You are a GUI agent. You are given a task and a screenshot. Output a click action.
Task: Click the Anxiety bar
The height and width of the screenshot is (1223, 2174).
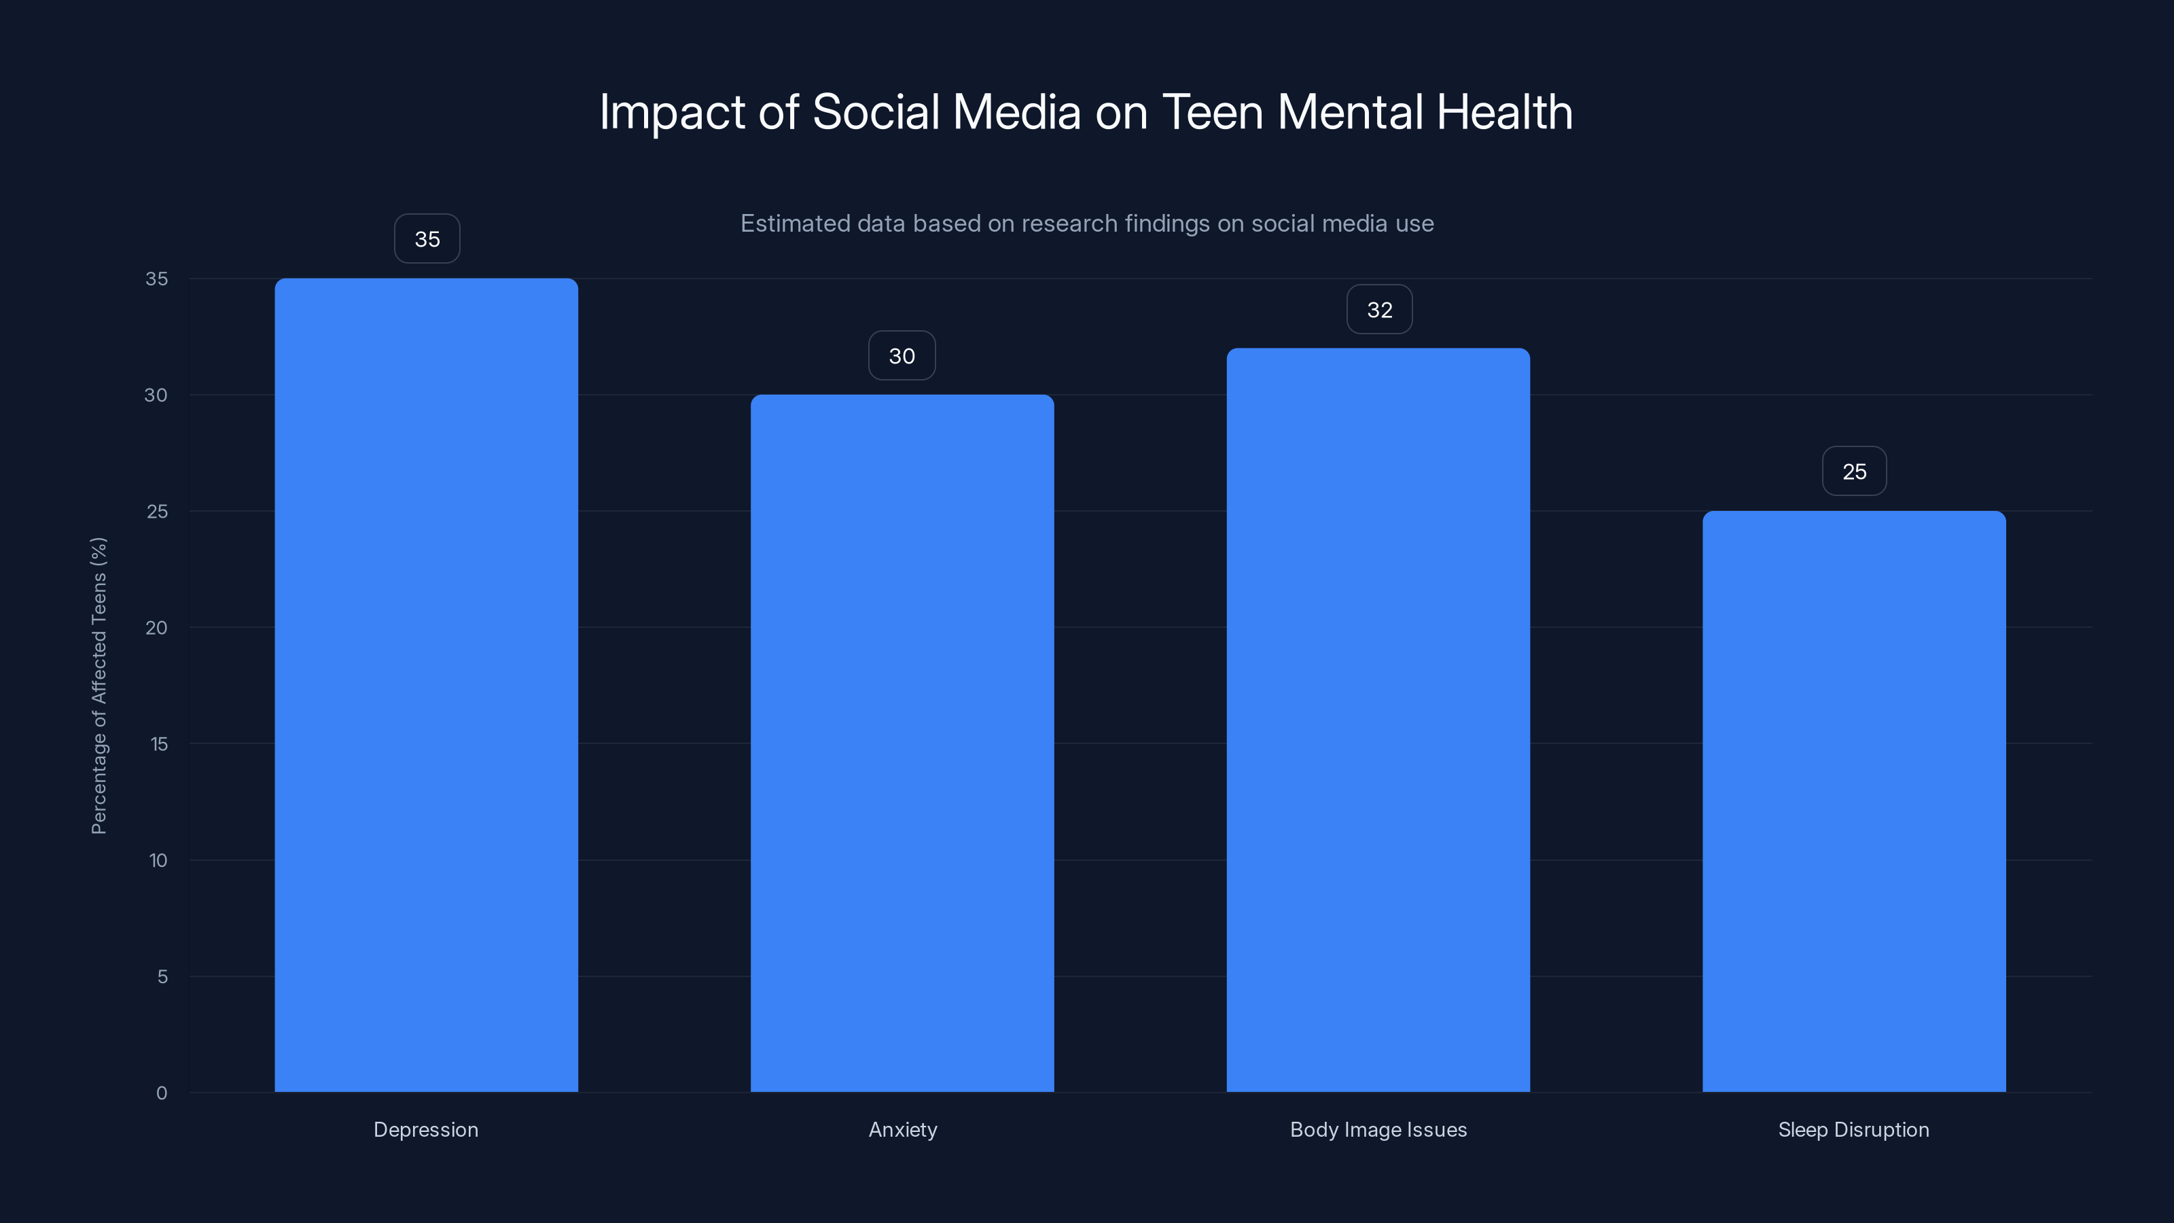coord(902,743)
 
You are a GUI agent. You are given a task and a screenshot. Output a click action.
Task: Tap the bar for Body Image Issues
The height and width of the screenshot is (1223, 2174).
coord(1378,719)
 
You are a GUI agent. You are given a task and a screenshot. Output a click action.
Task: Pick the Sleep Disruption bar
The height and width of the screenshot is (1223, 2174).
coord(1854,801)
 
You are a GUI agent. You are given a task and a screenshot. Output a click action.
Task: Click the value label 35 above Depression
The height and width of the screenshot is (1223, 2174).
coord(427,239)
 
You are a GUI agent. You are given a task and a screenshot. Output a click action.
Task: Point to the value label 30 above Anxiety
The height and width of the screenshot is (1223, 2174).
coord(902,355)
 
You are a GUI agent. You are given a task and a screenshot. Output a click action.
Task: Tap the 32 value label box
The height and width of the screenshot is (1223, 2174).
coord(1379,310)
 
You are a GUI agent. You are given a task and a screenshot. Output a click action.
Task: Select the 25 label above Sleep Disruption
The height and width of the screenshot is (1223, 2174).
coord(1854,471)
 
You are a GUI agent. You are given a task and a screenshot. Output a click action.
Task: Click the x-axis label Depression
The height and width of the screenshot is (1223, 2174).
coord(426,1129)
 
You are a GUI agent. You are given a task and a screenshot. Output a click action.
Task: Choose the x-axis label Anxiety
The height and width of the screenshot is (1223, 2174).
coord(902,1129)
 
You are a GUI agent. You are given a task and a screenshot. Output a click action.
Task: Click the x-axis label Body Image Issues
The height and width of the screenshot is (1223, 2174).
coord(1378,1129)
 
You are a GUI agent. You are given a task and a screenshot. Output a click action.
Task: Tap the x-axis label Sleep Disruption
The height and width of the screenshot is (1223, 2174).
coord(1853,1129)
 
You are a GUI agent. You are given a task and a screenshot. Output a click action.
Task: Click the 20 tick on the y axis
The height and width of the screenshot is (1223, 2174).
coord(156,627)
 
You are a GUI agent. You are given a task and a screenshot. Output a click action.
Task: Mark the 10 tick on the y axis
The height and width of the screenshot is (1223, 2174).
coord(158,860)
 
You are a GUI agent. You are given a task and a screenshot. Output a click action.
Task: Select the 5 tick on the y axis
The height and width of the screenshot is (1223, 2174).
coord(162,976)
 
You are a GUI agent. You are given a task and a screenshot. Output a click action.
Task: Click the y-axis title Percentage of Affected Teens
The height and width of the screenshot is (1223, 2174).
coord(99,686)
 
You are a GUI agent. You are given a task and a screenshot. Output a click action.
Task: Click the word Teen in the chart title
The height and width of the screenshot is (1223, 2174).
coord(1212,111)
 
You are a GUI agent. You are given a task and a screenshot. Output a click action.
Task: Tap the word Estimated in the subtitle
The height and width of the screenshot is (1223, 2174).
coord(795,223)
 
